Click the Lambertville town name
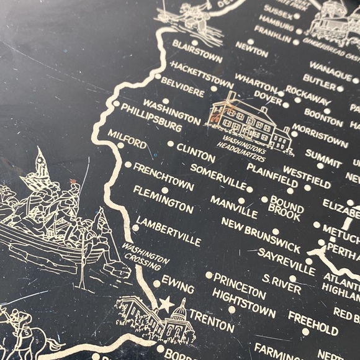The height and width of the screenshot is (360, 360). (x=168, y=231)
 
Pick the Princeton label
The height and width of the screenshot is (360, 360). (x=240, y=286)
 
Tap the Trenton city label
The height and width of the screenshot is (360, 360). (x=212, y=321)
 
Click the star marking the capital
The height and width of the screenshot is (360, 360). (x=166, y=305)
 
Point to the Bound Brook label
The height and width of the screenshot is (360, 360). (x=286, y=207)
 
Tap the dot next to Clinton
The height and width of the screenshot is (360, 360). (x=170, y=143)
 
